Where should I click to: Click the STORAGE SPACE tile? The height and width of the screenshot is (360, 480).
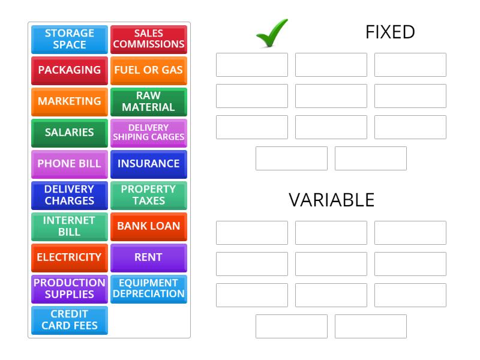(70, 39)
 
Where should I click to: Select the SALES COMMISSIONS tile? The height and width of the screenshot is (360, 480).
(149, 39)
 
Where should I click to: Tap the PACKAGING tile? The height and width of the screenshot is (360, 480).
(70, 70)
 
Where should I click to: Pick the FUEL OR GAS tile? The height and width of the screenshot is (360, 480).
(149, 70)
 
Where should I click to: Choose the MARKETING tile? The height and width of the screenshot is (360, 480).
(70, 101)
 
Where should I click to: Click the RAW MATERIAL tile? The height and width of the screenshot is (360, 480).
(149, 101)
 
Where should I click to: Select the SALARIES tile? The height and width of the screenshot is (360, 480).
(70, 133)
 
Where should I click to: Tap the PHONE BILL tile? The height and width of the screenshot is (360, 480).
(70, 164)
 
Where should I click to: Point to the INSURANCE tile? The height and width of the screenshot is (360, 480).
(149, 164)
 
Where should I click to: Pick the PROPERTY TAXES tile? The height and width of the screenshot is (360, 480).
(149, 195)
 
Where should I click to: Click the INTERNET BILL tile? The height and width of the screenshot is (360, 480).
(70, 226)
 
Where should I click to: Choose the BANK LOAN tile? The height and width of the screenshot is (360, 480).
(149, 226)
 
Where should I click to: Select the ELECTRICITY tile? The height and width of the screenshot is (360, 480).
(70, 257)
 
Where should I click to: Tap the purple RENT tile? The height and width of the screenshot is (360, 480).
(149, 257)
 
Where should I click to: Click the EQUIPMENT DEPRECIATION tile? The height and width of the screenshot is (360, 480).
(149, 289)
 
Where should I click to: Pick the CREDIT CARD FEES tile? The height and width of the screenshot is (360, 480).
(70, 320)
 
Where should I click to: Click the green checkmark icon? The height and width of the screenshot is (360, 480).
(271, 33)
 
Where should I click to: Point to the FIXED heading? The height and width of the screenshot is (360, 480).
(390, 32)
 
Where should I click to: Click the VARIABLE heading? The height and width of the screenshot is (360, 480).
(331, 200)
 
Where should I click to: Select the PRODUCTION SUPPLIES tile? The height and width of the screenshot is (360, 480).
(70, 289)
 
